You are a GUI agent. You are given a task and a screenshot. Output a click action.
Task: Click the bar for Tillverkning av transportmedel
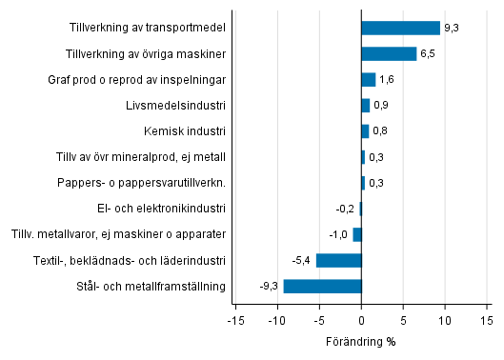[400, 28]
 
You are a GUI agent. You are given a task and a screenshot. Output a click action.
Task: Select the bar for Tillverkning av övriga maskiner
[389, 53]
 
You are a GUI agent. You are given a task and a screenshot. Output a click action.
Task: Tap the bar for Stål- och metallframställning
[322, 286]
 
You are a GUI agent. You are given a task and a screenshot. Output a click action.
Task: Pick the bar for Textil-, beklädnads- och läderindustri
[338, 260]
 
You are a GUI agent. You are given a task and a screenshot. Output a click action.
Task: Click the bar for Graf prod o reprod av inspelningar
[369, 79]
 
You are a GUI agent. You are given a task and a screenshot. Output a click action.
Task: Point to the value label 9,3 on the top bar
[452, 29]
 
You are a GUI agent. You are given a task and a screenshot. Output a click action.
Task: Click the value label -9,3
[269, 287]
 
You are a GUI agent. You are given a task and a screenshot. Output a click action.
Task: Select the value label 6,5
[428, 54]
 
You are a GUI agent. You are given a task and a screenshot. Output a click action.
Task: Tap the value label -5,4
[302, 260]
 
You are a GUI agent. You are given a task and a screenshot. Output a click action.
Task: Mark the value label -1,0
[338, 234]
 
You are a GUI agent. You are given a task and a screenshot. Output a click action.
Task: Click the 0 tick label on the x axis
[361, 321]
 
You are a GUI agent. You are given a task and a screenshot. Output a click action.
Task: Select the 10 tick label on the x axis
[445, 321]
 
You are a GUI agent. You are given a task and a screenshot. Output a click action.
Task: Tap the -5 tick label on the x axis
[319, 321]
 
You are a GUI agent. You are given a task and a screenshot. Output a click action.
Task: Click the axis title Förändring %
[361, 342]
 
